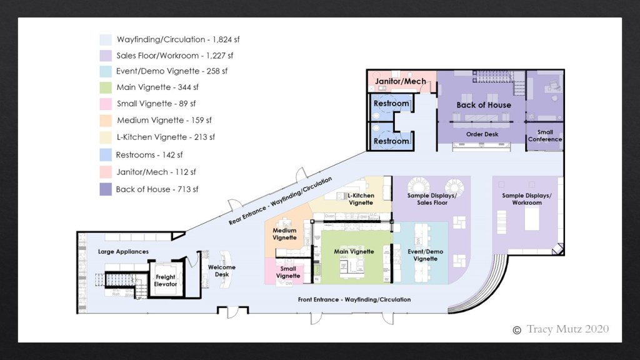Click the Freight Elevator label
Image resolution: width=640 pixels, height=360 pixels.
point(166,281)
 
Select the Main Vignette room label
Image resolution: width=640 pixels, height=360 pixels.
point(354,252)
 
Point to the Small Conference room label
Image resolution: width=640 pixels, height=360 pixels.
point(541,136)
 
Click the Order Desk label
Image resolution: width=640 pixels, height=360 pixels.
point(482,134)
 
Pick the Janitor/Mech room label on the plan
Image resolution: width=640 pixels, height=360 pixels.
point(400,81)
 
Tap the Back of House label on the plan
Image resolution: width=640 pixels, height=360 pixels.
point(483,105)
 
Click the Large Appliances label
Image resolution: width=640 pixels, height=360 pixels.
point(123,252)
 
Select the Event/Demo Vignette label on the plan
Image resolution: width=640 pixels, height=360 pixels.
point(425,255)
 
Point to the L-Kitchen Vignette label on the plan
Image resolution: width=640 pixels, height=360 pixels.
point(361,199)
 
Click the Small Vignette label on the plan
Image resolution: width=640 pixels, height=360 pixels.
point(288,272)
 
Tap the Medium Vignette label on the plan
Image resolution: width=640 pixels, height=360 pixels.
point(284,234)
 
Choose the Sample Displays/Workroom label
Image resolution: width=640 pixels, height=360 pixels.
point(527,199)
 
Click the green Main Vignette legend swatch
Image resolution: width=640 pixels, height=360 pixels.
point(106,87)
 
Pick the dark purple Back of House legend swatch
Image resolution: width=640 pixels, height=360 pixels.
point(106,189)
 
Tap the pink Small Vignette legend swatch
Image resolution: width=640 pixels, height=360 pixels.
point(106,104)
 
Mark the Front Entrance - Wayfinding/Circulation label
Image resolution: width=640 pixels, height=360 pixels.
point(354,299)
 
